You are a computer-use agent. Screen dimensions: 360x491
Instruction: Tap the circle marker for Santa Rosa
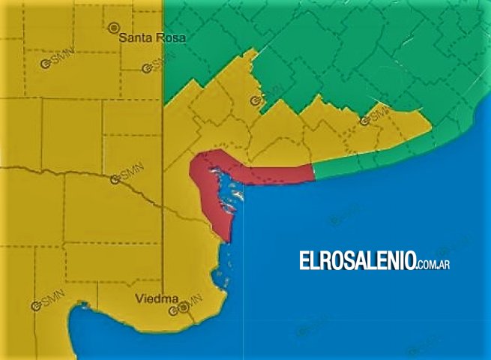tap(114, 28)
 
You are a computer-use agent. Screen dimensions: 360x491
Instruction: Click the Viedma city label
tap(156, 298)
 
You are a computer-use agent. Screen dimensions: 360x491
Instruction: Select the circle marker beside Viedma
tap(184, 306)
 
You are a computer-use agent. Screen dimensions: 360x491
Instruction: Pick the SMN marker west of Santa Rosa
tap(46, 64)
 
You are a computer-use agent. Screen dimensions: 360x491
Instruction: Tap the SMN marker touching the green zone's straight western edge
tap(148, 69)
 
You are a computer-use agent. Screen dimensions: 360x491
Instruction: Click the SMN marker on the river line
tap(115, 179)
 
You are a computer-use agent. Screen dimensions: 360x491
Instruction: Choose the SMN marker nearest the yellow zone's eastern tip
tap(365, 120)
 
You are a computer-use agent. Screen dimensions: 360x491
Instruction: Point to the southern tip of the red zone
tap(226, 241)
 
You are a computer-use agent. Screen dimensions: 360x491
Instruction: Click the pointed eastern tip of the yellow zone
tap(431, 129)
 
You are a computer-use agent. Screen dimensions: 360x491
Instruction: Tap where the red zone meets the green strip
tap(313, 172)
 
